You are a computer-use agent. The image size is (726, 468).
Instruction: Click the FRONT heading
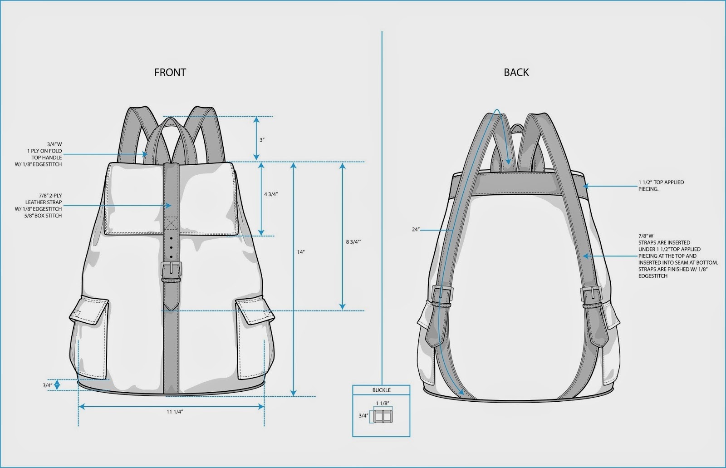(170, 72)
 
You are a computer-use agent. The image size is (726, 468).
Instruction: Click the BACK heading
(516, 72)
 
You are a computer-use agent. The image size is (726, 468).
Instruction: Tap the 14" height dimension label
(301, 252)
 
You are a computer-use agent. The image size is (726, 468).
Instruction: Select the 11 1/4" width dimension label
(175, 412)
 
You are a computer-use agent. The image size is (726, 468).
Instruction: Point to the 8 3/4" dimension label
(353, 241)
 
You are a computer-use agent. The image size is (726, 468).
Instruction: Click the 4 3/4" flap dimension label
(271, 194)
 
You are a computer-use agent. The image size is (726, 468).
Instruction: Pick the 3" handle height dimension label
(262, 140)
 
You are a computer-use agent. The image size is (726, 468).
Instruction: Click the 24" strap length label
(416, 230)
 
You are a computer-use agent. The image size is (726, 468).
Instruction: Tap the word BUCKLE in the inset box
(381, 390)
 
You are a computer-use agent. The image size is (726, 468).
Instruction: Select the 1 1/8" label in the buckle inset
(383, 403)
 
